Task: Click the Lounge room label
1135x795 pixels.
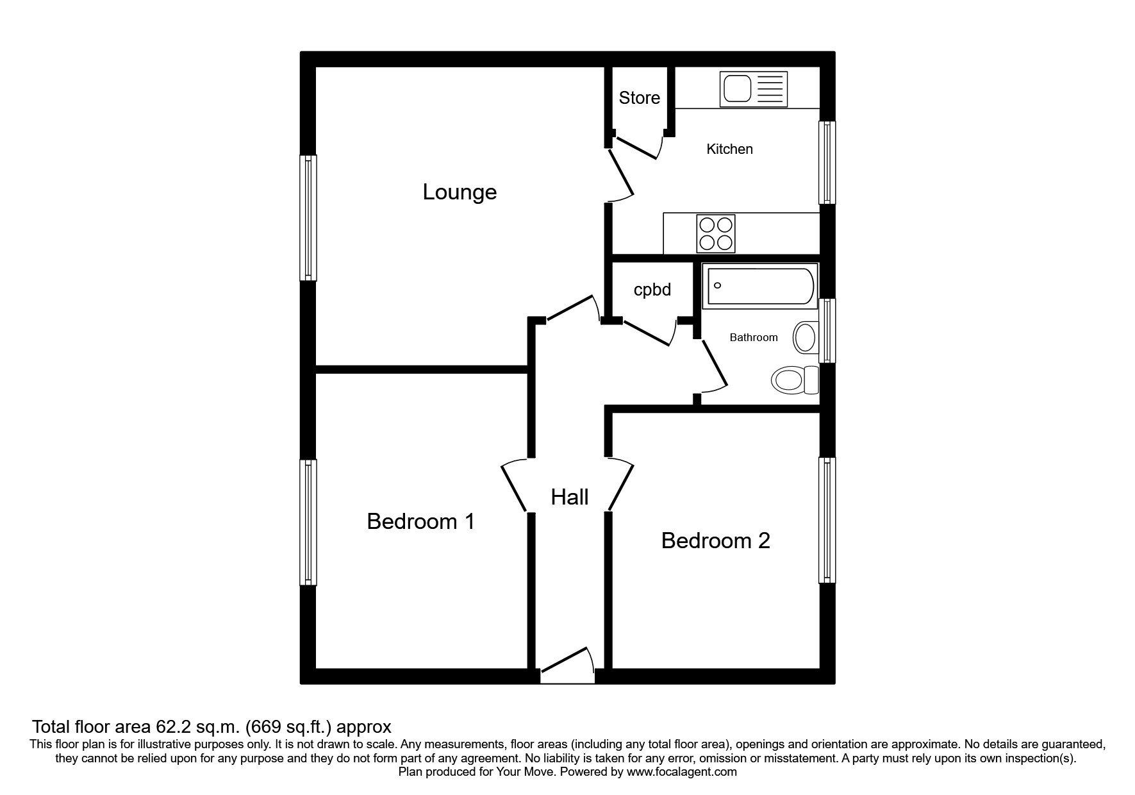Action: coord(460,192)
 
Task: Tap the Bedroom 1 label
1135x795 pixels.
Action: coord(420,522)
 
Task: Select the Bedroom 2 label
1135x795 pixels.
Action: coord(715,541)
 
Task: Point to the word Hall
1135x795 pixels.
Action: coord(569,497)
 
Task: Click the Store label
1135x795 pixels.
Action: coord(639,98)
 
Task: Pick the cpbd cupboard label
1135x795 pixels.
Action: coord(652,290)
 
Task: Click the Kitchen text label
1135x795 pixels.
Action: coord(729,149)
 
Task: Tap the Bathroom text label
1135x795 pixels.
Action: coord(753,338)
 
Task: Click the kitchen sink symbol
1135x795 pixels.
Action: coord(754,89)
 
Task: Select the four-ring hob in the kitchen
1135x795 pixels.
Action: coord(715,233)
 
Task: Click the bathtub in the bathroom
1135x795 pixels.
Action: coord(760,285)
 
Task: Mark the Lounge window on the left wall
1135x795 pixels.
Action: coord(308,218)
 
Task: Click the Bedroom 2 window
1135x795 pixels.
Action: coord(827,520)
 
